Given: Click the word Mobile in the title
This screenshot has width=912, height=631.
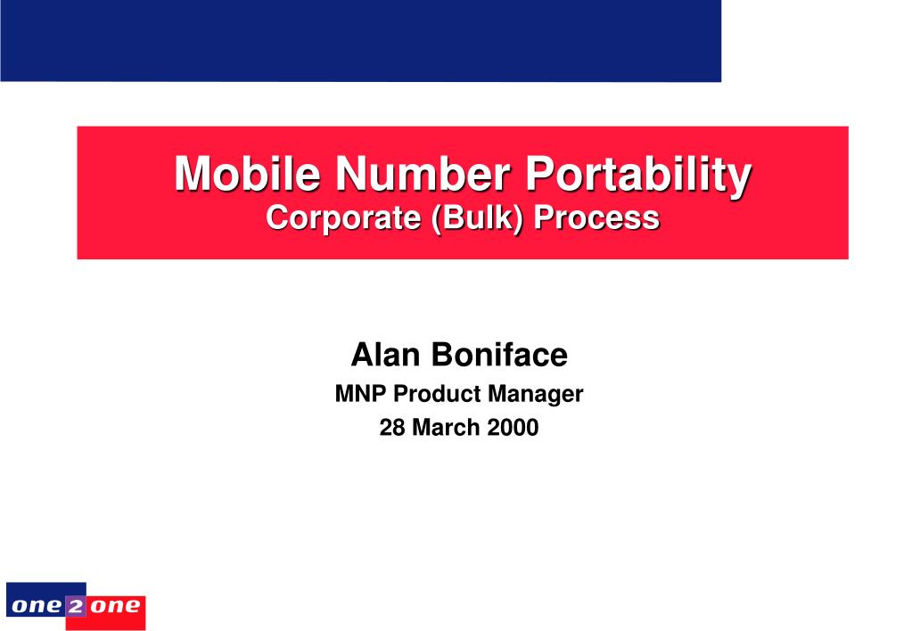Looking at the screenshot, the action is pos(247,173).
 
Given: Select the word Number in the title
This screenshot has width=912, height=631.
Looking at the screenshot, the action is pos(423,173).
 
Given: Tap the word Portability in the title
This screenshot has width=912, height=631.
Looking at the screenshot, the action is pos(638,175).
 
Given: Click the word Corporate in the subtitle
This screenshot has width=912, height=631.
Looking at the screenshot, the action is pos(343,218).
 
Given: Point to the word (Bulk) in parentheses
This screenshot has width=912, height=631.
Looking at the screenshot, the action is pos(477,218).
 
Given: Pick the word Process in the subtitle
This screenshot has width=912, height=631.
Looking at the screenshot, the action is pos(596,217).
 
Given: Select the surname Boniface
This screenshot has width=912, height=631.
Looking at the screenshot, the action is pos(499,354).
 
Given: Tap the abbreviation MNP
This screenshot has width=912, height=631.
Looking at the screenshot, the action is pos(360,394).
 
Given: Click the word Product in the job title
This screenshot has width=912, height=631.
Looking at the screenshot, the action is pos(438,394).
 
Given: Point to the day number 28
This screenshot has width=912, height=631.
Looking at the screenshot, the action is pos(392,428).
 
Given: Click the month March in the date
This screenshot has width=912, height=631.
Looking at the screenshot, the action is pos(446,428).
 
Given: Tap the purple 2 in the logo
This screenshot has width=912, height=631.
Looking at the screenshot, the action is pos(75,607).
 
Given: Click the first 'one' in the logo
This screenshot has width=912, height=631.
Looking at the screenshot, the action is pos(37,607).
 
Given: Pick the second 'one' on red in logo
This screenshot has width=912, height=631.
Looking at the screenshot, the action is pos(115,607).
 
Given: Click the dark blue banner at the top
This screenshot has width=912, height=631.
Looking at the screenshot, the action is pos(361,41).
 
